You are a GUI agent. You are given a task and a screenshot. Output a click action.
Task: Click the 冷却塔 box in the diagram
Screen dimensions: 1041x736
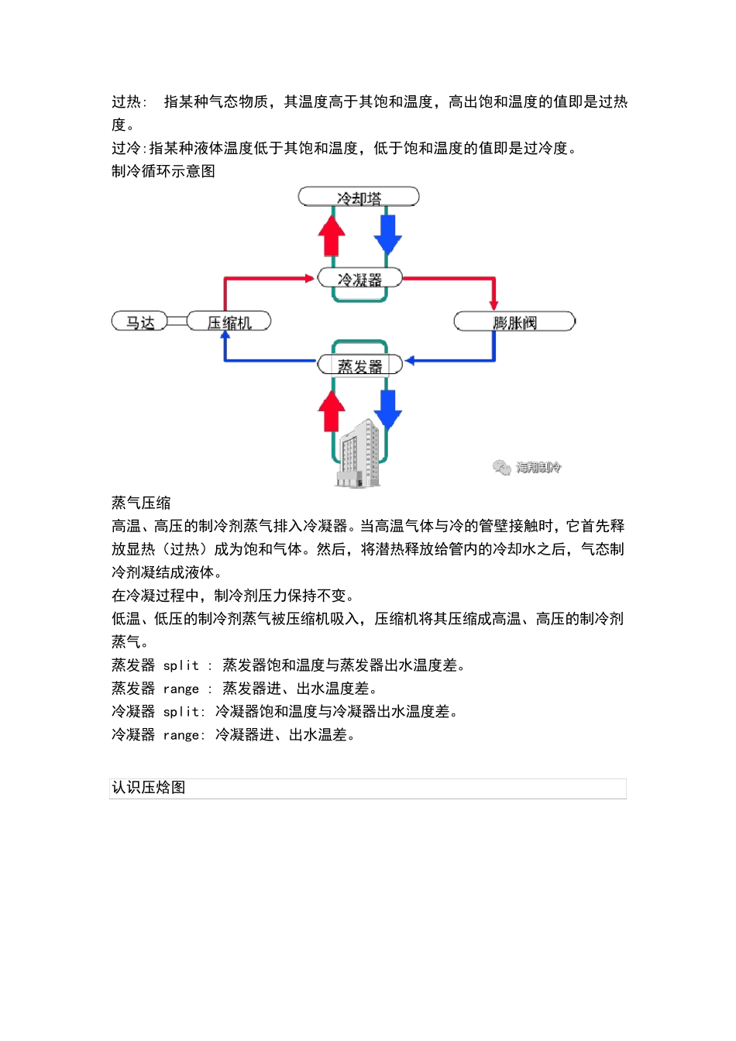(359, 198)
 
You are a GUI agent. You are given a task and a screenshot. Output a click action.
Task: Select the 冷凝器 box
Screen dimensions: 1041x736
(359, 278)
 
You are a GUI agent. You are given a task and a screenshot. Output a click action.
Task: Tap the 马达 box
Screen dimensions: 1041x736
(140, 321)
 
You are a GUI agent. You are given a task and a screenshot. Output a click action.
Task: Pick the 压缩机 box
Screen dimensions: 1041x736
(229, 321)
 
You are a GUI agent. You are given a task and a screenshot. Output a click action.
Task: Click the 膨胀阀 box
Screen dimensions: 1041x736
(514, 321)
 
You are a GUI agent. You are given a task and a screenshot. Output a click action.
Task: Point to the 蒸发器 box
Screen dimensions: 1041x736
(359, 365)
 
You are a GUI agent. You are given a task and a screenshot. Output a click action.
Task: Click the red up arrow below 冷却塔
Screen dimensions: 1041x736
(332, 235)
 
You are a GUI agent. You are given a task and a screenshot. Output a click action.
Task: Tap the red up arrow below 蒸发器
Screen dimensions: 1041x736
(332, 410)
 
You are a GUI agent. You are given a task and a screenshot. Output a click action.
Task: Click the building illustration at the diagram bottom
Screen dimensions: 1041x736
(359, 455)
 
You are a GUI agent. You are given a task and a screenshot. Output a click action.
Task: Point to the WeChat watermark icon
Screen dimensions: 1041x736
(501, 467)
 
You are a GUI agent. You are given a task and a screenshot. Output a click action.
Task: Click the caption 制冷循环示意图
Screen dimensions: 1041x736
(163, 171)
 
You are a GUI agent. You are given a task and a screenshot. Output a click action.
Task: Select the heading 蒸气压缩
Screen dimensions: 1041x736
(141, 503)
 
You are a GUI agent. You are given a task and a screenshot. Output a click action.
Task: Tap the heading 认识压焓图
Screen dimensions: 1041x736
(149, 788)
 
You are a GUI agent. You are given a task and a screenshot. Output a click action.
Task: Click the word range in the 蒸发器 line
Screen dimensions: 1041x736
(181, 689)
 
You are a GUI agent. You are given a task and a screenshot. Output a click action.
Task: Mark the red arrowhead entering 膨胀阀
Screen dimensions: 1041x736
(494, 305)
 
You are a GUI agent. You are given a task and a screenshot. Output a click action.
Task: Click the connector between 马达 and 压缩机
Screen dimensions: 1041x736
(177, 321)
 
